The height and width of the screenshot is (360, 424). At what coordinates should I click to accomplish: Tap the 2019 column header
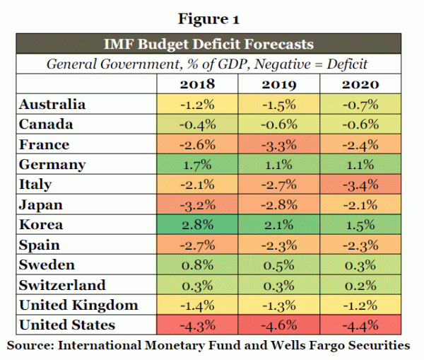(278, 84)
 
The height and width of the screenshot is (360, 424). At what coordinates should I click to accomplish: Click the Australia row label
(54, 105)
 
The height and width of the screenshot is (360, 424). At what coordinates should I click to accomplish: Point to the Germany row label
(54, 165)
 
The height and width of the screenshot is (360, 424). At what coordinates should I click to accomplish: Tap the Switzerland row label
(64, 285)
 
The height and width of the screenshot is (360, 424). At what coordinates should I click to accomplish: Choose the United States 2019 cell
(278, 325)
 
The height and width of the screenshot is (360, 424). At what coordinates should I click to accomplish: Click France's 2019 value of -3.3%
(278, 145)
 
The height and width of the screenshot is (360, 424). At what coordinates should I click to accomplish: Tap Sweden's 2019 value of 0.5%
(278, 265)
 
